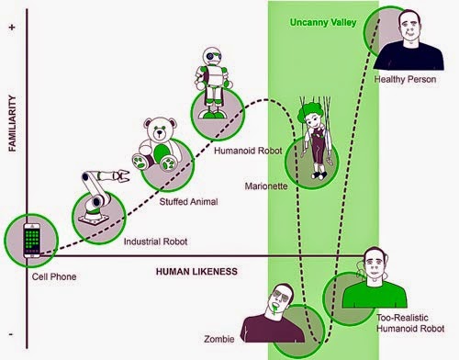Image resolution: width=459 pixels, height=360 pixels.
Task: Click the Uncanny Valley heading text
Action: tap(323, 22)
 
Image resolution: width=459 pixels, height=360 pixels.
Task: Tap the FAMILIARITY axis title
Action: tap(12, 123)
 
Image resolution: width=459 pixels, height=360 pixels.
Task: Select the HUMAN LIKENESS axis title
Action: tap(196, 272)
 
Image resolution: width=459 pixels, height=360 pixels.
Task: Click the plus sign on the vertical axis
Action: tap(12, 28)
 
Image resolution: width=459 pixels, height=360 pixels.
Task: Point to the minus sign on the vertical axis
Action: tap(11, 333)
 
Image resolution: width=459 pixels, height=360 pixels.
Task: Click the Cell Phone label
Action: tap(54, 276)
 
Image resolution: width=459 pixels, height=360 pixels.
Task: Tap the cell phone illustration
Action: tap(32, 240)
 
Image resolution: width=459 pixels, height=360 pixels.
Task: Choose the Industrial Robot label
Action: tap(155, 242)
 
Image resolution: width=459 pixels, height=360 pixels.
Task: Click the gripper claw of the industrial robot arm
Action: tap(121, 175)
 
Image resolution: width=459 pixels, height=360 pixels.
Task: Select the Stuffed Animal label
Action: tap(188, 202)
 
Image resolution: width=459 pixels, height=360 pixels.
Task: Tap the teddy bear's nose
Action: tap(160, 133)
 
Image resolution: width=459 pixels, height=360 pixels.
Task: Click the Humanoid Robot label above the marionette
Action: tap(248, 151)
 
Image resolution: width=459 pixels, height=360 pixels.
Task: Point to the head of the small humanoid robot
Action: tap(212, 56)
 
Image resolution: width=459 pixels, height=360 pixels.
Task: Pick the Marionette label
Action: tap(266, 186)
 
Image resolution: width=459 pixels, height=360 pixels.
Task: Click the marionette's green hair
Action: tap(309, 112)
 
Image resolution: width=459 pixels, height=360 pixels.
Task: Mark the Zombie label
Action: tap(219, 339)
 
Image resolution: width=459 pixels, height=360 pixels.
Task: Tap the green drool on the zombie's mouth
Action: tap(275, 309)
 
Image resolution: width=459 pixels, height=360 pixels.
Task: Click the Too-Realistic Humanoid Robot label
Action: tap(410, 323)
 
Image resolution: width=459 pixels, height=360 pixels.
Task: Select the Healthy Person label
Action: tap(405, 79)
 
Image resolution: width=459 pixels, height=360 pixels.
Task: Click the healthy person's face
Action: tap(410, 30)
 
